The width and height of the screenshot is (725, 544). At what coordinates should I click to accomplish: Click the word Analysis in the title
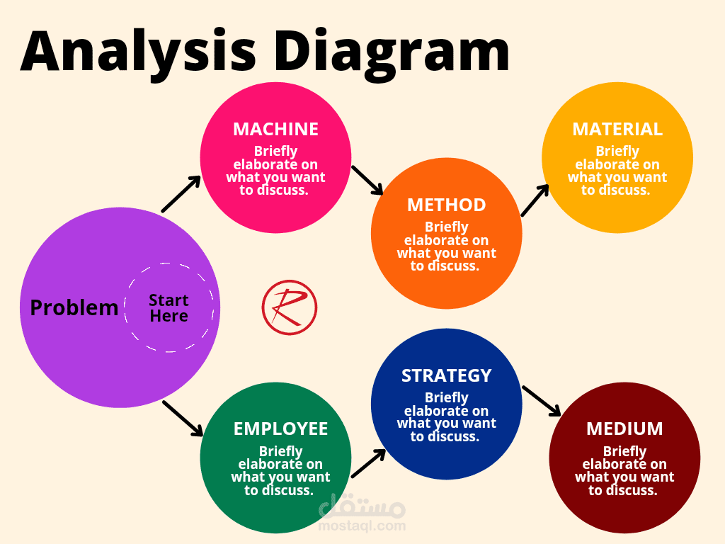[x=138, y=52]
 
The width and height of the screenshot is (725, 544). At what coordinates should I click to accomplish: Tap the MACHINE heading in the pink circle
[x=275, y=129]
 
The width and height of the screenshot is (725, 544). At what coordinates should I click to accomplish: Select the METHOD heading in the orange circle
[x=446, y=205]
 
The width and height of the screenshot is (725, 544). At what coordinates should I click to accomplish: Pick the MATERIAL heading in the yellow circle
[x=617, y=129]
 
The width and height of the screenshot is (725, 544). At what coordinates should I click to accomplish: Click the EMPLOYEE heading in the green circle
[x=280, y=429]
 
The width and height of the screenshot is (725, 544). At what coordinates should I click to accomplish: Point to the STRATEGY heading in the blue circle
[x=446, y=375]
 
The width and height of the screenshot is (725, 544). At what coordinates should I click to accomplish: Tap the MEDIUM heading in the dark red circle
[x=624, y=429]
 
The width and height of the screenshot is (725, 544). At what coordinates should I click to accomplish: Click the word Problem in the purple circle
[x=74, y=308]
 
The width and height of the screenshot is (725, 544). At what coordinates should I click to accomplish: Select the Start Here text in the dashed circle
[x=169, y=308]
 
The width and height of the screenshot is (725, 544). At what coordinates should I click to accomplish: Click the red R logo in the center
[x=290, y=307]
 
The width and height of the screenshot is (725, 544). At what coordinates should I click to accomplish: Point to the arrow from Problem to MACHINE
[x=181, y=194]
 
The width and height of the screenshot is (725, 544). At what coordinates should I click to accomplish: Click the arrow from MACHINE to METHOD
[x=367, y=181]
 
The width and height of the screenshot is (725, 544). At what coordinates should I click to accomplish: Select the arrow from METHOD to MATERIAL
[x=535, y=200]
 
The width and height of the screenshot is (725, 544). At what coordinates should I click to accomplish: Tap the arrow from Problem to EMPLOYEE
[x=183, y=418]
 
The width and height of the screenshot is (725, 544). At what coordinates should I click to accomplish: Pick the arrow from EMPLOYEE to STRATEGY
[x=368, y=463]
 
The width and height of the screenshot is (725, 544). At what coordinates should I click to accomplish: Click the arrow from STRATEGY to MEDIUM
[x=542, y=401]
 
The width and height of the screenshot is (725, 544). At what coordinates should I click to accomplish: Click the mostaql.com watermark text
[x=362, y=526]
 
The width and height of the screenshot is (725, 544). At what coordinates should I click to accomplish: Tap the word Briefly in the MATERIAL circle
[x=617, y=152]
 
